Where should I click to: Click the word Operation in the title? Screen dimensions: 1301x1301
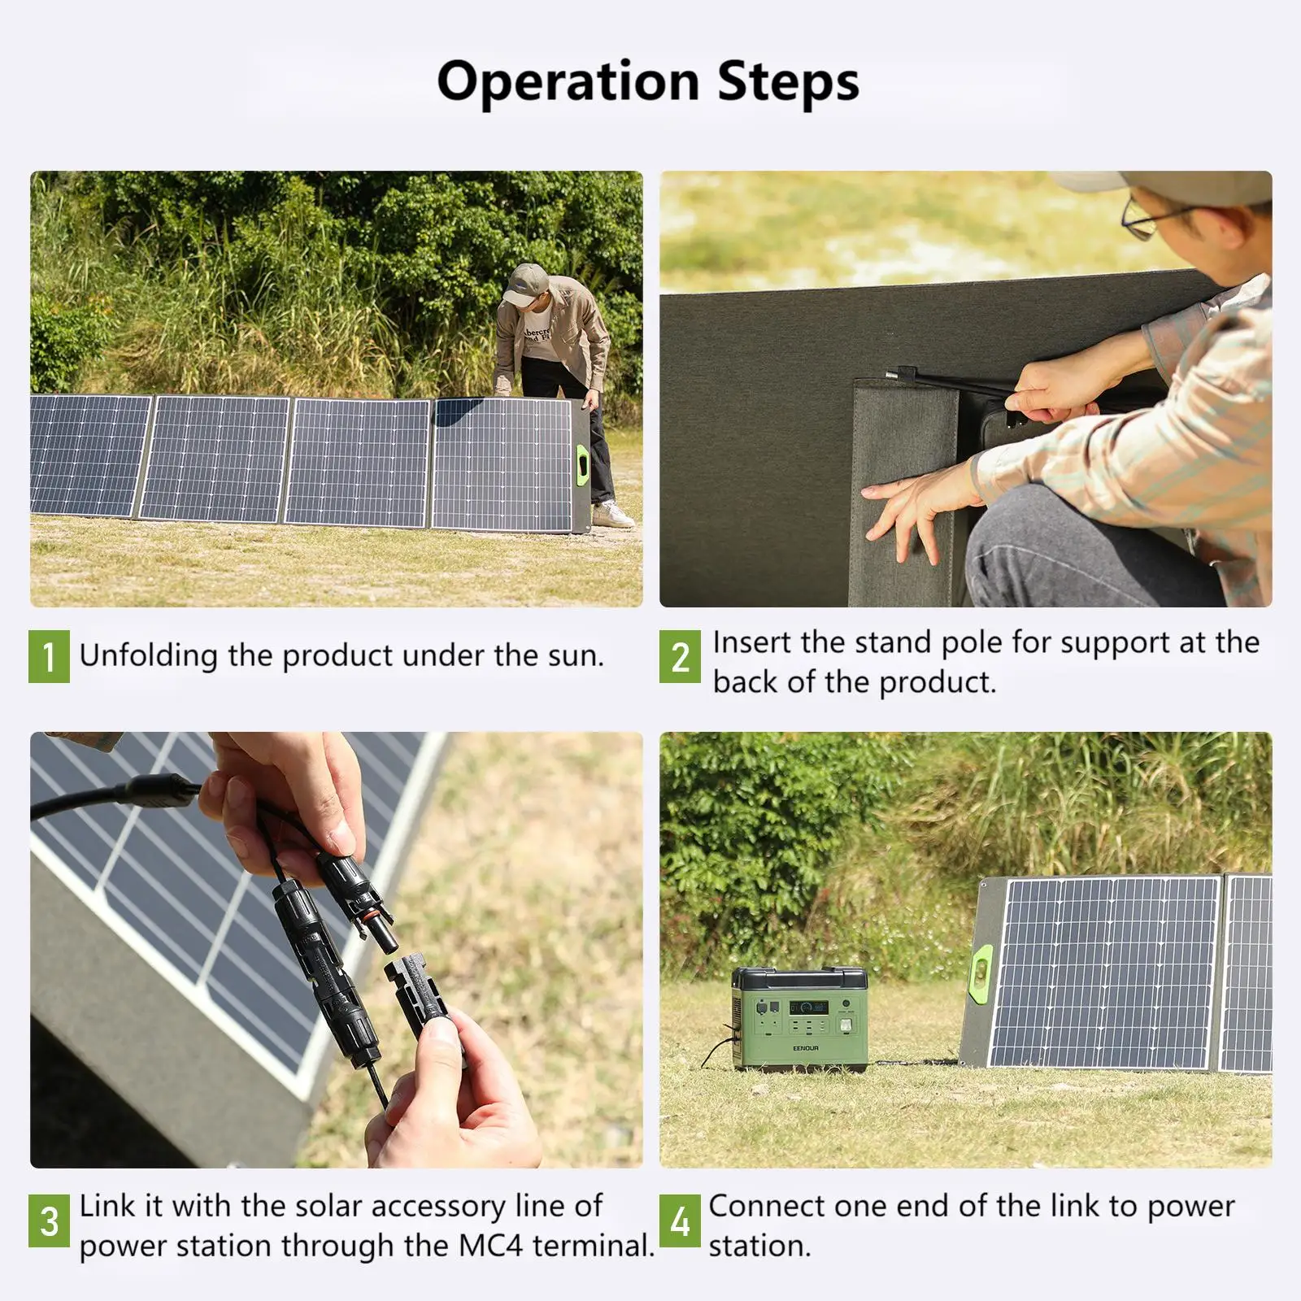(568, 82)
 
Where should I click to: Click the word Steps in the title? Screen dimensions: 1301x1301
(788, 82)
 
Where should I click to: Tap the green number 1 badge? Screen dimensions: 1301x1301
(49, 655)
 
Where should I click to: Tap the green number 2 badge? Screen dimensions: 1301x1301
(680, 657)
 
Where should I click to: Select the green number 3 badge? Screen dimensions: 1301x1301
(49, 1221)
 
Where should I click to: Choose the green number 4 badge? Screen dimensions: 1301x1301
(680, 1221)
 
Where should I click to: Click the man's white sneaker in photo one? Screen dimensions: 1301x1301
(611, 514)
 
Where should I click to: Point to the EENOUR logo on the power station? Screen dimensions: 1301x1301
(806, 1049)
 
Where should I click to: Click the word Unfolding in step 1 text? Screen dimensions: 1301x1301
(149, 655)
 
